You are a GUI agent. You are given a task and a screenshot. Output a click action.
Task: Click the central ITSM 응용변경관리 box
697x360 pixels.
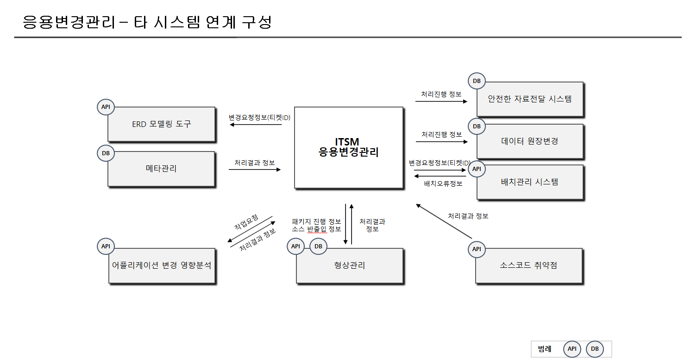point(348,147)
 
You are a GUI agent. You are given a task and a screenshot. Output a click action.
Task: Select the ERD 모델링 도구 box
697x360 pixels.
point(161,124)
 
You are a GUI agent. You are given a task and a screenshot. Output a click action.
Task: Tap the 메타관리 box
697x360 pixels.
point(161,169)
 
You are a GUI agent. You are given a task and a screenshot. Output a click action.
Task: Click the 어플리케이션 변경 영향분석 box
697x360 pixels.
point(162,265)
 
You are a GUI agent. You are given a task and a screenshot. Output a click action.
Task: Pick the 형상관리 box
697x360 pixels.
point(349,265)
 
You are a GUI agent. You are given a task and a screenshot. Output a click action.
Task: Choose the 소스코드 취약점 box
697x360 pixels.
point(528,265)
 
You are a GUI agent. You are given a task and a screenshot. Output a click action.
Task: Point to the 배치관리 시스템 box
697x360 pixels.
point(530,182)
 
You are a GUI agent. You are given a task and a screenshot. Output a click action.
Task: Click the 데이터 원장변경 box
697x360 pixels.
point(530,141)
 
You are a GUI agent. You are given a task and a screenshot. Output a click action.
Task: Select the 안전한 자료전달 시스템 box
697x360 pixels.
point(530,99)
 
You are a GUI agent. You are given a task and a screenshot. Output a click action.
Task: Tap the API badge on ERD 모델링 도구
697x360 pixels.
point(106,107)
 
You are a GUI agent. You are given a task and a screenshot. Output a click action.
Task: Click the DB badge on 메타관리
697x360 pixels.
point(106,153)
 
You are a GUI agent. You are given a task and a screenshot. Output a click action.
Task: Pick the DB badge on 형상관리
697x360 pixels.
point(318,246)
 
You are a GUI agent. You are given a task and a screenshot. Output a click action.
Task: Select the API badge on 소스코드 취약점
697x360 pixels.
point(477,249)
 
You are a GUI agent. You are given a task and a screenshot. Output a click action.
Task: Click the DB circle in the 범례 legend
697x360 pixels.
point(595,349)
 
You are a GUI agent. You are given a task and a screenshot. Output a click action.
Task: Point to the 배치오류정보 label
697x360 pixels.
point(443,184)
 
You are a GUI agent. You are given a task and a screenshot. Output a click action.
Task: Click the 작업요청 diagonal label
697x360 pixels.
point(246,222)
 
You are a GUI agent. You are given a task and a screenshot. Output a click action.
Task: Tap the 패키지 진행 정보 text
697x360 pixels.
point(316,221)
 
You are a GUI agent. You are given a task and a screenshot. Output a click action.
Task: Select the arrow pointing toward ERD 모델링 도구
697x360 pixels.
point(256,125)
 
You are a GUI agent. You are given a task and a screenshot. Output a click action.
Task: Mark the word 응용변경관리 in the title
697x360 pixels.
point(69,22)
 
